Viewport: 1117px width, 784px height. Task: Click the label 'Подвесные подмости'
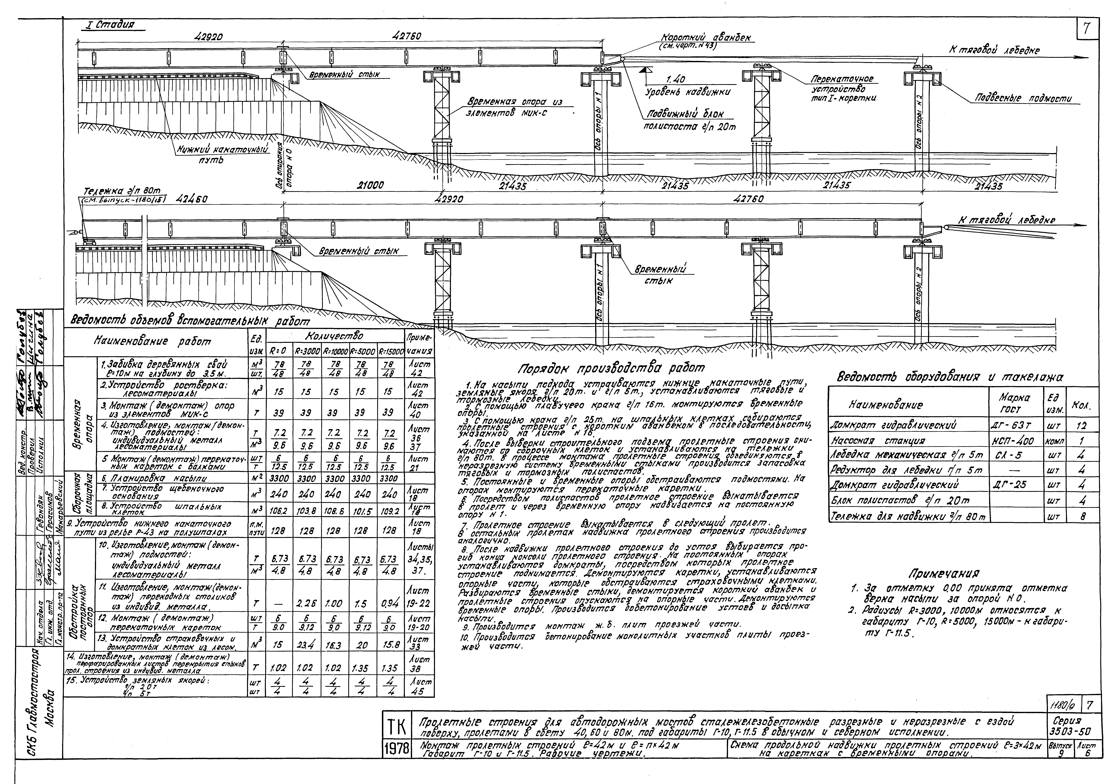[1023, 99]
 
